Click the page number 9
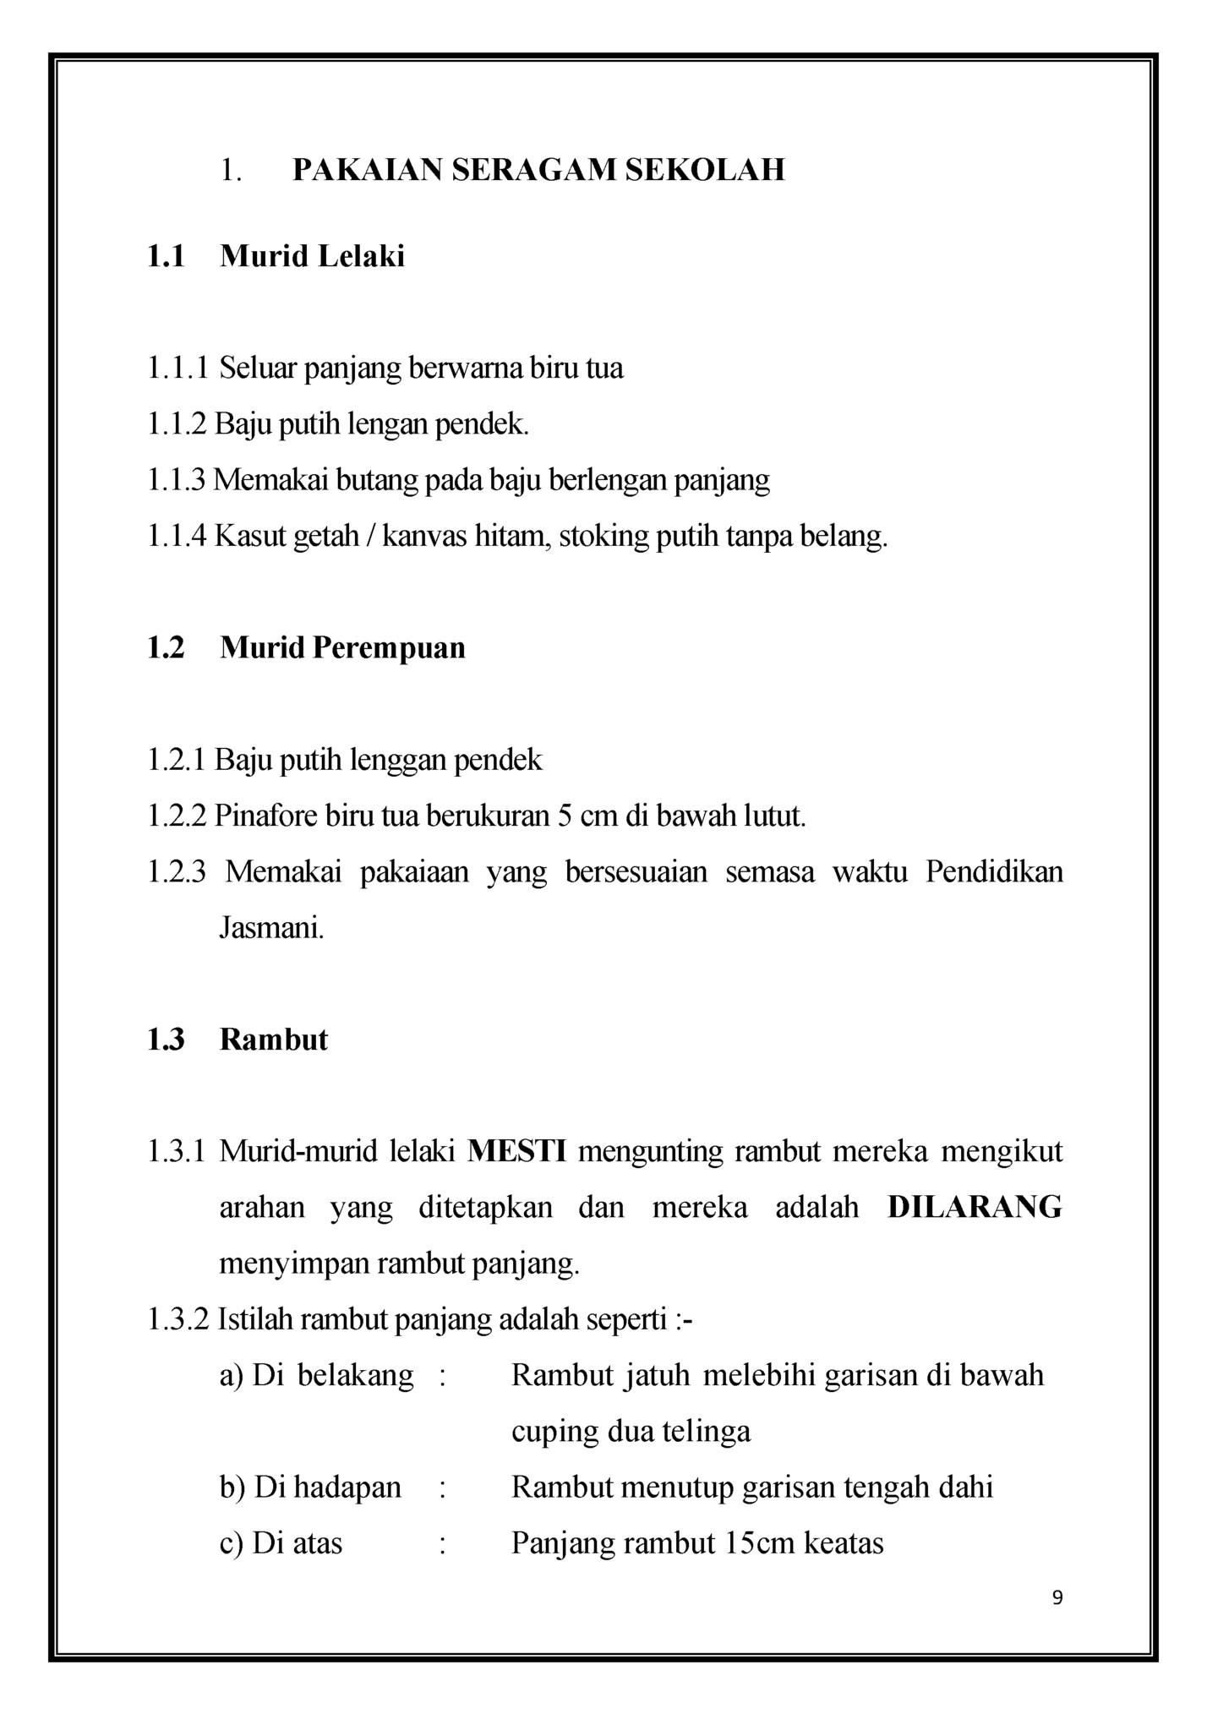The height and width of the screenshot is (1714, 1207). [1057, 1597]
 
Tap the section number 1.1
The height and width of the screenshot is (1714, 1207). [166, 256]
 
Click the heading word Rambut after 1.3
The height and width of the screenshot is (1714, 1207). [273, 1040]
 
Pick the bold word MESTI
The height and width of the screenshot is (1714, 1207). [516, 1151]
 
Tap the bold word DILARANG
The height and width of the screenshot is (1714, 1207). [975, 1207]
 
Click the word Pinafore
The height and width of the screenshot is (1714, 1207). [265, 816]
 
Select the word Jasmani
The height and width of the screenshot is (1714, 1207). [271, 928]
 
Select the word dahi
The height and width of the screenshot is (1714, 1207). [965, 1487]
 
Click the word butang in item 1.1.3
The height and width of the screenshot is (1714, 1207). [378, 480]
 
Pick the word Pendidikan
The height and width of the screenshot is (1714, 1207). [993, 871]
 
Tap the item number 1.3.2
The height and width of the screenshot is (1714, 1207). [177, 1318]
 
